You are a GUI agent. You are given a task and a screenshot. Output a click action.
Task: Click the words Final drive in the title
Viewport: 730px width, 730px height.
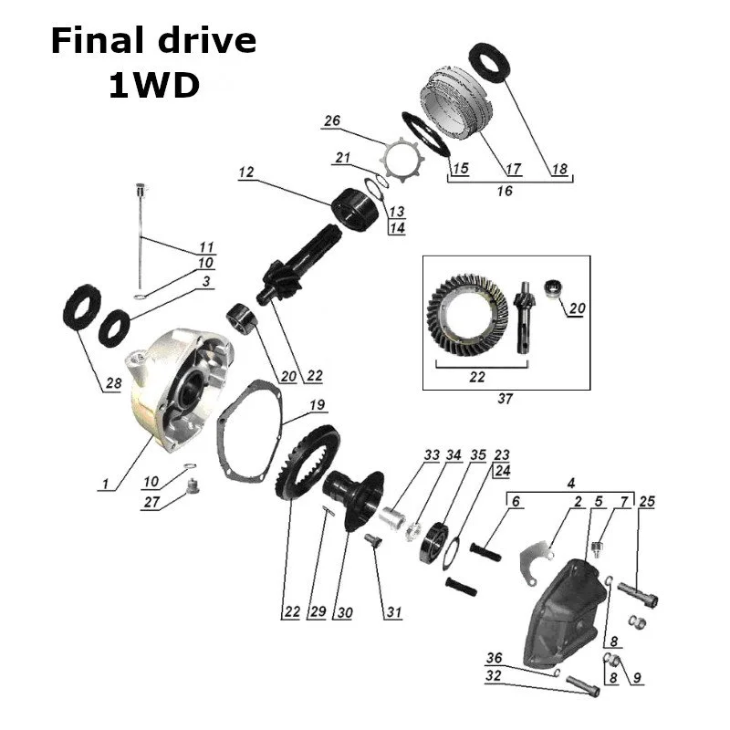click(152, 41)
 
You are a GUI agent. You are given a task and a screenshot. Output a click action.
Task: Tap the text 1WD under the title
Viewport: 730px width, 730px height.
click(153, 87)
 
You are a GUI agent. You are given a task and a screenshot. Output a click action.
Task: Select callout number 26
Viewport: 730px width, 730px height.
click(331, 121)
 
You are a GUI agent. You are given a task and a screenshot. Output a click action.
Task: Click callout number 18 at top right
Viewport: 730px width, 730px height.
click(558, 169)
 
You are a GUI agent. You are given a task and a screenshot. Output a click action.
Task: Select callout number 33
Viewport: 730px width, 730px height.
click(432, 454)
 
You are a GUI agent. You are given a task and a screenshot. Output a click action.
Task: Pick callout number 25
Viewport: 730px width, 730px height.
click(648, 502)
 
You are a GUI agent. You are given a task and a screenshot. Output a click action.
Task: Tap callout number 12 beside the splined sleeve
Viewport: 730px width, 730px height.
click(245, 171)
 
